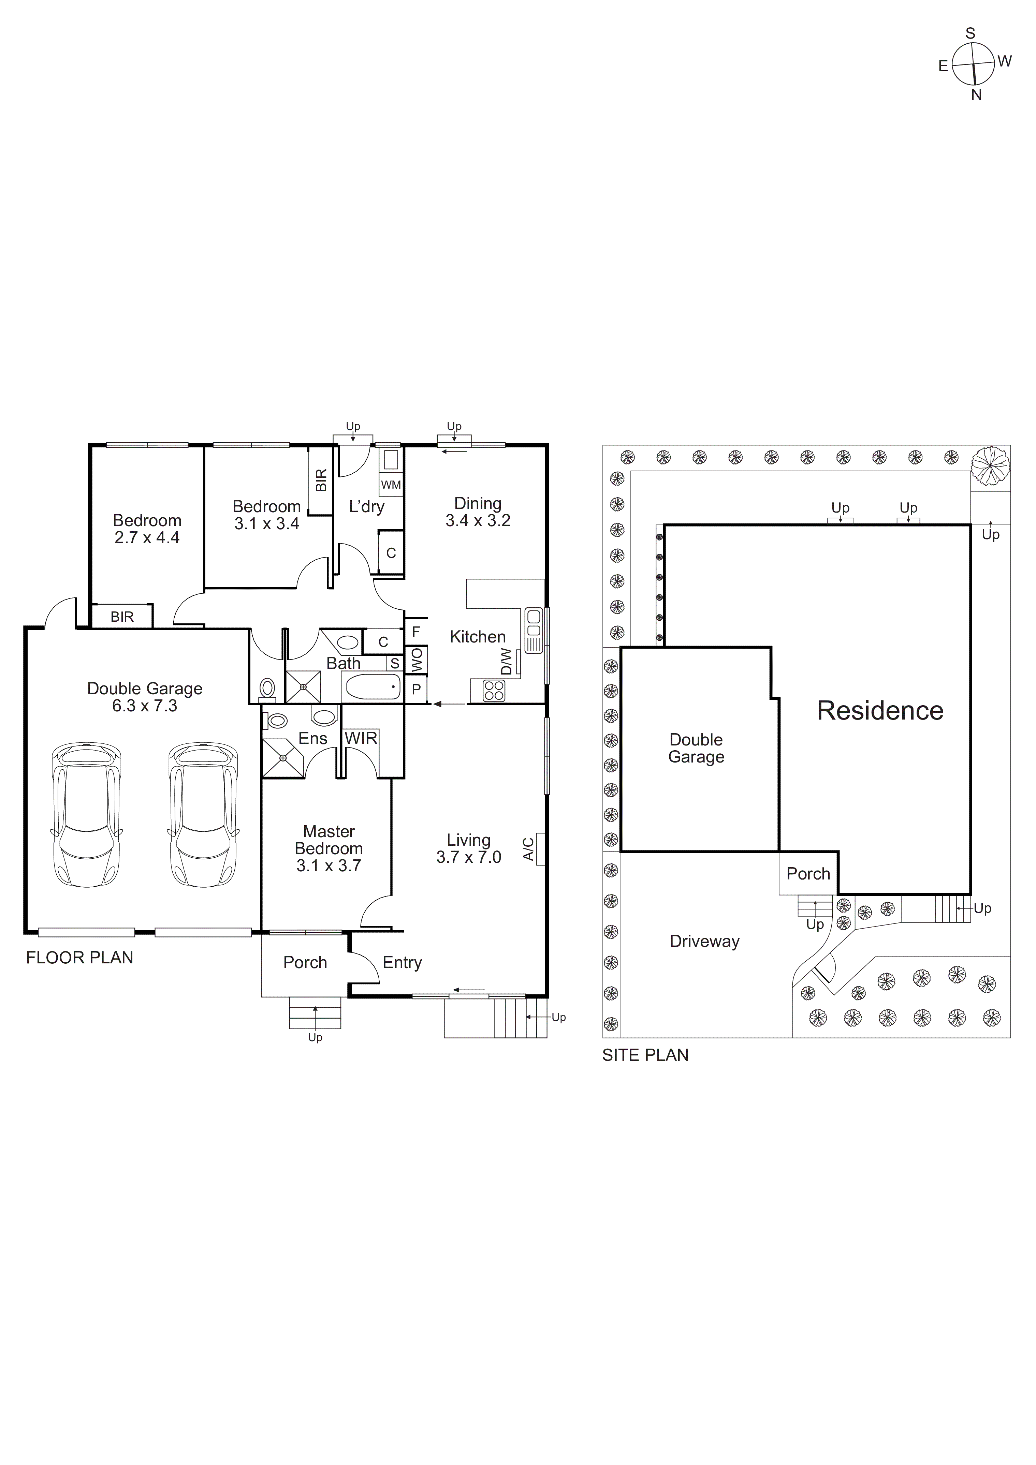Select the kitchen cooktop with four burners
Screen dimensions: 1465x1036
pos(493,691)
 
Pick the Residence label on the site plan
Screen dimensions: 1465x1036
pos(880,711)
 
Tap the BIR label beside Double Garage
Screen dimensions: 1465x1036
pos(122,616)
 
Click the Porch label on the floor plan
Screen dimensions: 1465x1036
pos(305,962)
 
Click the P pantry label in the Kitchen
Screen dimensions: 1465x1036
pos(416,689)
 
